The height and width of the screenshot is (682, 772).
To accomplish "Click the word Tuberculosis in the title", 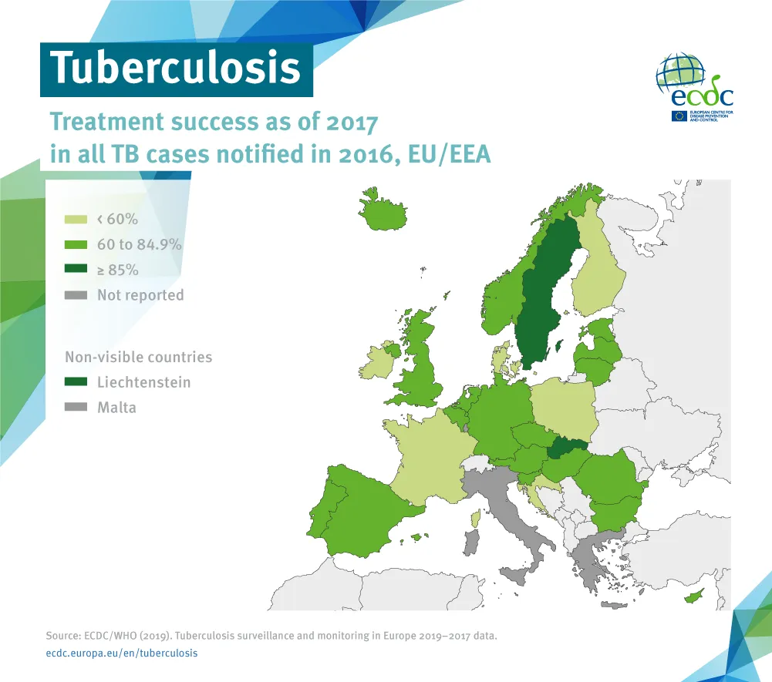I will pos(176,68).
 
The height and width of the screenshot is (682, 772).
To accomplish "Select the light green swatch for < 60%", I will pos(76,220).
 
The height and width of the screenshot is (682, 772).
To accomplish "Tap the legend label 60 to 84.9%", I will pos(139,245).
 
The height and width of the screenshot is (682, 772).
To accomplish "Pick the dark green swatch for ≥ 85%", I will pos(76,270).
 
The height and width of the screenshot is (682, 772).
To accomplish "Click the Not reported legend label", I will pos(140,295).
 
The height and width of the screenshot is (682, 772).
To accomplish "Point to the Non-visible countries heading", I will pos(138,358).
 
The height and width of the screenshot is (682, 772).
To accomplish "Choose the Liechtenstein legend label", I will pos(143,382).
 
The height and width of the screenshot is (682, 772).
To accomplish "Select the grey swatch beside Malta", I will pos(76,408).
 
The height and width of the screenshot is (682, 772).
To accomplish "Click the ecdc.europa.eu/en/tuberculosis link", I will pos(122,653).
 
